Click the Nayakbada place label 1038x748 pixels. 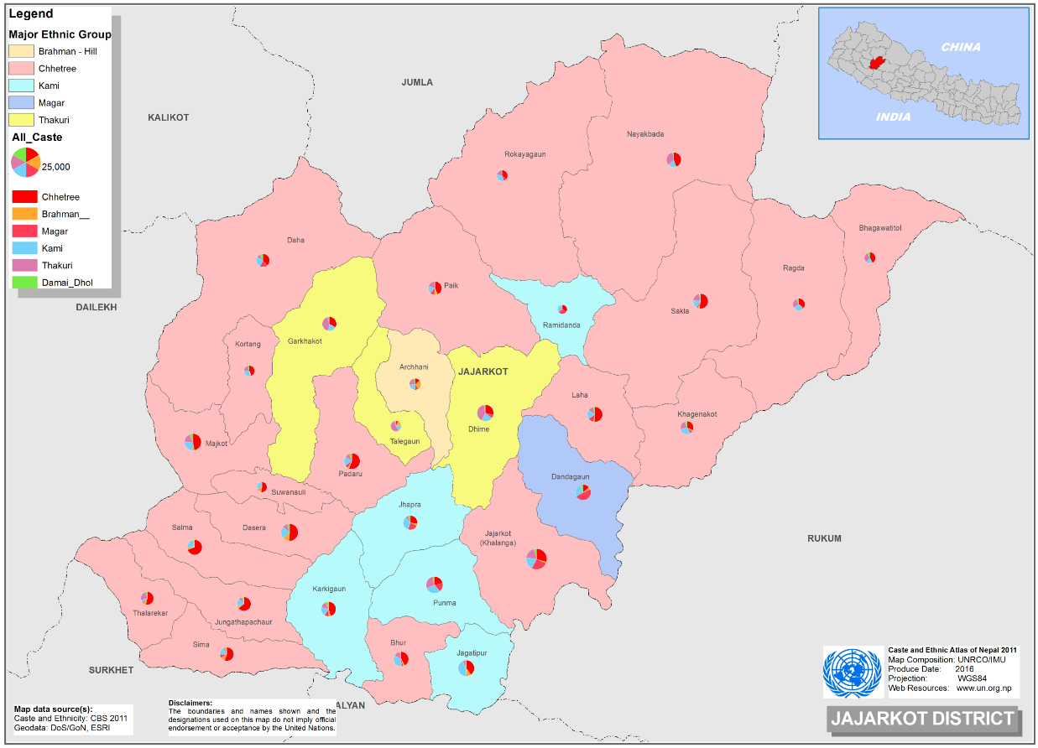point(645,134)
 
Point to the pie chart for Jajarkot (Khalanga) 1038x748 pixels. point(536,558)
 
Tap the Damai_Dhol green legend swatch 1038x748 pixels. point(24,283)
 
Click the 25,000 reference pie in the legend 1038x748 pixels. point(25,162)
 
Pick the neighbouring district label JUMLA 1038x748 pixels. point(417,82)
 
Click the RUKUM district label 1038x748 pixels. point(824,538)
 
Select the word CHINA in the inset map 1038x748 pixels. point(960,47)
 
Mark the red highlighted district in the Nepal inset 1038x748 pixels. point(879,64)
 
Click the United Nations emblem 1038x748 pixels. point(853,673)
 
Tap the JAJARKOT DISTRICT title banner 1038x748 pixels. point(921,719)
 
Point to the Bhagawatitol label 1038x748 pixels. point(880,228)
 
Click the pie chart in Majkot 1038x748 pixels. point(192,441)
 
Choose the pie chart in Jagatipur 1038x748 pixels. point(466,667)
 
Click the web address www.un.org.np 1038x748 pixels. point(985,688)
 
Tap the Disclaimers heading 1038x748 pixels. point(190,703)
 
